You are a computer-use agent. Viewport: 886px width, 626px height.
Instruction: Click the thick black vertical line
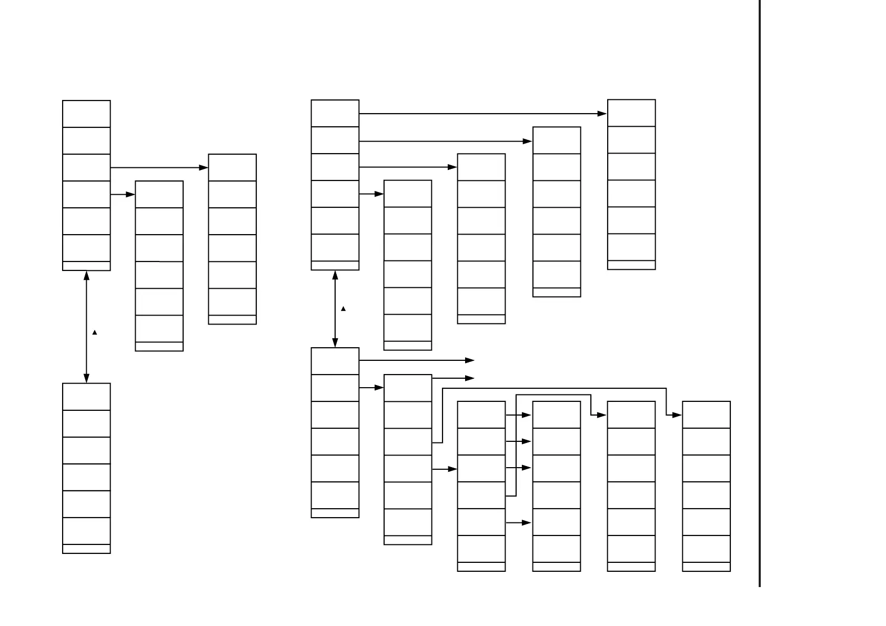click(760, 295)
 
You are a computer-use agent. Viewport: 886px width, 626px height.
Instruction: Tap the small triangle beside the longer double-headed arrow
click(95, 332)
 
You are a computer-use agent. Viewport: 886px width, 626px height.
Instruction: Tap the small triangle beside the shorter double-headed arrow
click(344, 309)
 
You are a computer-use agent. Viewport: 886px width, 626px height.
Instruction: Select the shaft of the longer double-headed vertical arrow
click(86, 326)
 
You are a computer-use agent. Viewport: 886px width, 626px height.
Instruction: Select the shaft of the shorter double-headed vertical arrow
click(335, 309)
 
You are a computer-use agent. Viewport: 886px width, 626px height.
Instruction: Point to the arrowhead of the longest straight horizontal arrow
click(603, 114)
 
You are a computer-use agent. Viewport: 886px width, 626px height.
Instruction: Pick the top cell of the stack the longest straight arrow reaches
click(631, 113)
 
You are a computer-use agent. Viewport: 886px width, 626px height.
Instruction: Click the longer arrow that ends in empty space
click(416, 360)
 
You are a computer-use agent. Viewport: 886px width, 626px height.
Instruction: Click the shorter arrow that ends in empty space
click(452, 378)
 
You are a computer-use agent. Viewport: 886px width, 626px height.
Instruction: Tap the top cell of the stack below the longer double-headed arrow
click(86, 397)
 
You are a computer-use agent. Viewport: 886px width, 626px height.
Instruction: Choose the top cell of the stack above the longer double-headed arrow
click(86, 114)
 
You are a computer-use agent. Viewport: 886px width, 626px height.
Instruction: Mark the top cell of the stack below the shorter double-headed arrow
click(335, 361)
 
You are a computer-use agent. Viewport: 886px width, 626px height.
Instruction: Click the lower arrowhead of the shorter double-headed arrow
click(335, 342)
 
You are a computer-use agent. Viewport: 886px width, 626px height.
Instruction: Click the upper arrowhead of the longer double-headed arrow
click(86, 276)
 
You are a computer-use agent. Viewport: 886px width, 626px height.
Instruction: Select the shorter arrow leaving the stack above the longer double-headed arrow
click(123, 195)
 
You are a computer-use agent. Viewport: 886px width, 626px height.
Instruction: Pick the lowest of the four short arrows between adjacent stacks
click(518, 523)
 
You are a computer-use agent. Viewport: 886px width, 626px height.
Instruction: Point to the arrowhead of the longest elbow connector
click(678, 415)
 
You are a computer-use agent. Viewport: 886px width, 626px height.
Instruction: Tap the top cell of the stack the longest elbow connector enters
click(706, 415)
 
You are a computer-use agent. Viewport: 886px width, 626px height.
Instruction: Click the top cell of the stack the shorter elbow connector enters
click(631, 415)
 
